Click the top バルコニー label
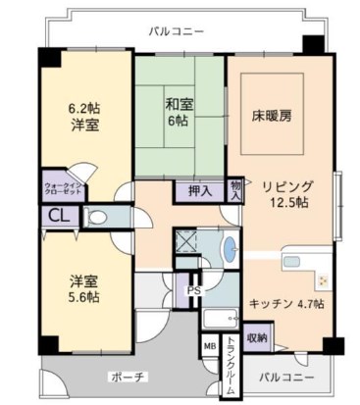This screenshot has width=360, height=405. pos(177,31)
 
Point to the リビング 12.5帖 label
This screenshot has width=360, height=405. pos(286,193)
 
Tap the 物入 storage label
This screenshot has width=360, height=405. pos(235,190)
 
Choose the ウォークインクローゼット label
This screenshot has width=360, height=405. pos(63,189)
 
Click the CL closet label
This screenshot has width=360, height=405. pos(58,218)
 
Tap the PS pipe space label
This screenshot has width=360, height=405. pos(193,290)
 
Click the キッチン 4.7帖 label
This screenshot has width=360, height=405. pos(285,303)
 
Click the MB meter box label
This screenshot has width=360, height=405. pos(209,346)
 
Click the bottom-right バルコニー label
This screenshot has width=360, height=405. pos(286,377)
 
